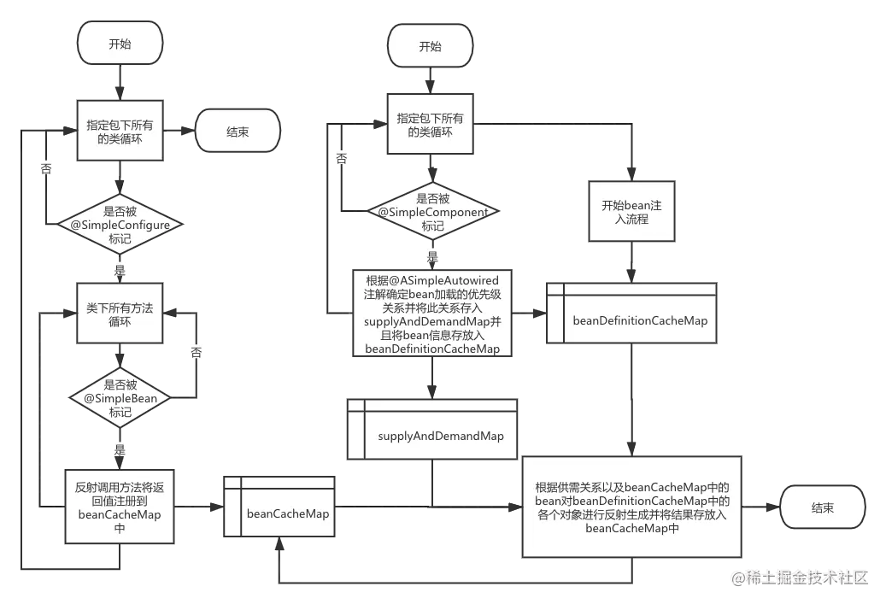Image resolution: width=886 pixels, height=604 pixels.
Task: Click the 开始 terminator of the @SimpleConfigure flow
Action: click(x=120, y=43)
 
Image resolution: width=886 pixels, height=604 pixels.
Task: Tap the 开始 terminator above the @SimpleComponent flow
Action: click(x=430, y=46)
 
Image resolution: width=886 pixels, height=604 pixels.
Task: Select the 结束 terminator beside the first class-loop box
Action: click(x=238, y=132)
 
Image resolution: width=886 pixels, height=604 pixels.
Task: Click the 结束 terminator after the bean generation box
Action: click(x=822, y=507)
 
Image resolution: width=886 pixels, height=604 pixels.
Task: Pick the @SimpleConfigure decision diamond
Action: click(x=120, y=226)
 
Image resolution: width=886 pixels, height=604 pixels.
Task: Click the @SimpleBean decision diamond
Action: click(x=120, y=398)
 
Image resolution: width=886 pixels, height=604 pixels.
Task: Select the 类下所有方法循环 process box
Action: click(x=120, y=315)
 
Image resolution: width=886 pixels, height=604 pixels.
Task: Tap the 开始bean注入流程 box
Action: click(x=632, y=212)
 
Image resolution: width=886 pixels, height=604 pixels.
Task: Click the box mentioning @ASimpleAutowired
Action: click(x=432, y=314)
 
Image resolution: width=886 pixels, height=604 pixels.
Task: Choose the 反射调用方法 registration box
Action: click(x=120, y=507)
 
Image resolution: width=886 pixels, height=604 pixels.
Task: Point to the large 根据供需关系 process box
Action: click(x=632, y=507)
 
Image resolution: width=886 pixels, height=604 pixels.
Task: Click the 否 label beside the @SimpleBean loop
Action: click(x=197, y=352)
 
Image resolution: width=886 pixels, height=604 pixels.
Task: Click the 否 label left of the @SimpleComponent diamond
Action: click(x=341, y=159)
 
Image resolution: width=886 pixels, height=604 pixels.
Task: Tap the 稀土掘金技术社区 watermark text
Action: click(x=800, y=577)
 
